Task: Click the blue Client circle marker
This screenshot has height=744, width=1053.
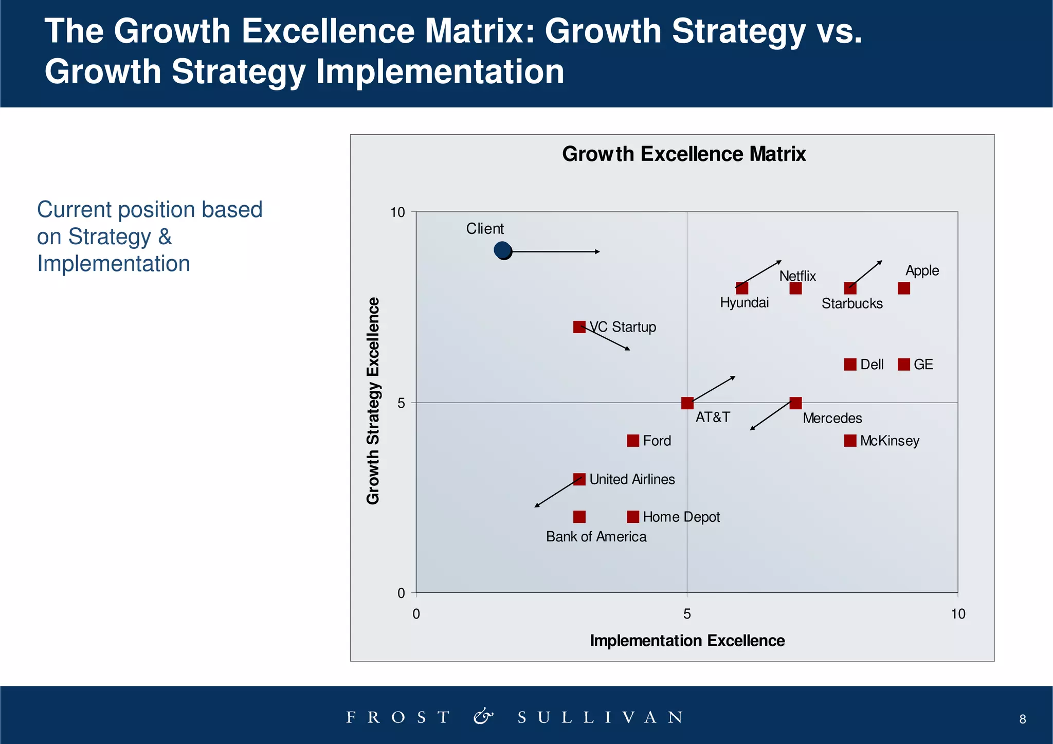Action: [x=503, y=250]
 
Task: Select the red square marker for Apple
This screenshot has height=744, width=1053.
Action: [x=903, y=288]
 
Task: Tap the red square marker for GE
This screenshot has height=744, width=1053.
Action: [x=903, y=365]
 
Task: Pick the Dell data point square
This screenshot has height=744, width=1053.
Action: [x=850, y=365]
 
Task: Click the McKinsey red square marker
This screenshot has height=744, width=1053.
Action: [x=850, y=441]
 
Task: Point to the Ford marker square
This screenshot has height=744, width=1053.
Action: [x=632, y=441]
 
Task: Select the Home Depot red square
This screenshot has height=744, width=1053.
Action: [x=632, y=517]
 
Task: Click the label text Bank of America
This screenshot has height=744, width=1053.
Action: [x=596, y=537]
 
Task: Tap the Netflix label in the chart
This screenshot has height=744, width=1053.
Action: [x=797, y=276]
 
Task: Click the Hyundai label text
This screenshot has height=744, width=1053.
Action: [x=744, y=302]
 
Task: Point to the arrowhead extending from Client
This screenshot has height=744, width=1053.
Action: [x=598, y=251]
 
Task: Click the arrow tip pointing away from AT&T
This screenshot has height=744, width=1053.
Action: [x=734, y=377]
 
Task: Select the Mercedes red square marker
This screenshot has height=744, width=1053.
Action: [x=795, y=403]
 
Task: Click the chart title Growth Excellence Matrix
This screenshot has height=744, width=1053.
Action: [x=683, y=154]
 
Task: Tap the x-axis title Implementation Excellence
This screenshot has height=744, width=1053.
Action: [x=687, y=641]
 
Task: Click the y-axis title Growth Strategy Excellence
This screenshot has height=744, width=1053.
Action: [x=373, y=401]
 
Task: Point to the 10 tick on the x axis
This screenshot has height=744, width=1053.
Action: [x=957, y=614]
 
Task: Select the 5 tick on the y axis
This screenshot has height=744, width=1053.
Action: [x=401, y=403]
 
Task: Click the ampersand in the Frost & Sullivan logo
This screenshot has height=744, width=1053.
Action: [x=483, y=716]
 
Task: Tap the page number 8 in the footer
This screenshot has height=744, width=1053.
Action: [x=1022, y=719]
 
